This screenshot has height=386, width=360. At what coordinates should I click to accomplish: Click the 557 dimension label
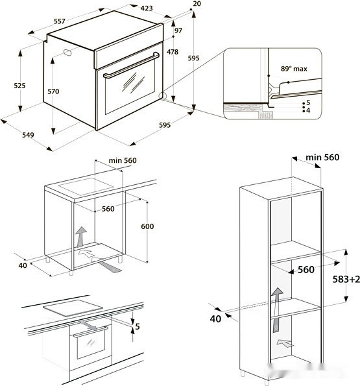click(x=59, y=21)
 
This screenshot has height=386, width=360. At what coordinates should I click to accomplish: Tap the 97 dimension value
click(x=178, y=31)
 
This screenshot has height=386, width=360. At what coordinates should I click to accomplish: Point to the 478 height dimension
click(x=172, y=52)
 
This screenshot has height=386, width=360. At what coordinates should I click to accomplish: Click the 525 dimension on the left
click(x=19, y=86)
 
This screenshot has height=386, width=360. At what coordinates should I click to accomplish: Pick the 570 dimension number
click(x=53, y=91)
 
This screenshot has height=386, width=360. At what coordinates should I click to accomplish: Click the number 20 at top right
click(x=197, y=4)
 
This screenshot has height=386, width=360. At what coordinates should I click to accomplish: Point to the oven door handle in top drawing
click(x=130, y=66)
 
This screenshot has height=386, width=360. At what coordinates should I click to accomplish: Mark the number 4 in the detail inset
click(x=308, y=111)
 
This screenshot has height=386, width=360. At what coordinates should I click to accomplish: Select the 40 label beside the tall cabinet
click(x=215, y=318)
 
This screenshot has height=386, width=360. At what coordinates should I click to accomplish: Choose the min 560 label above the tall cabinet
click(x=322, y=157)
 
